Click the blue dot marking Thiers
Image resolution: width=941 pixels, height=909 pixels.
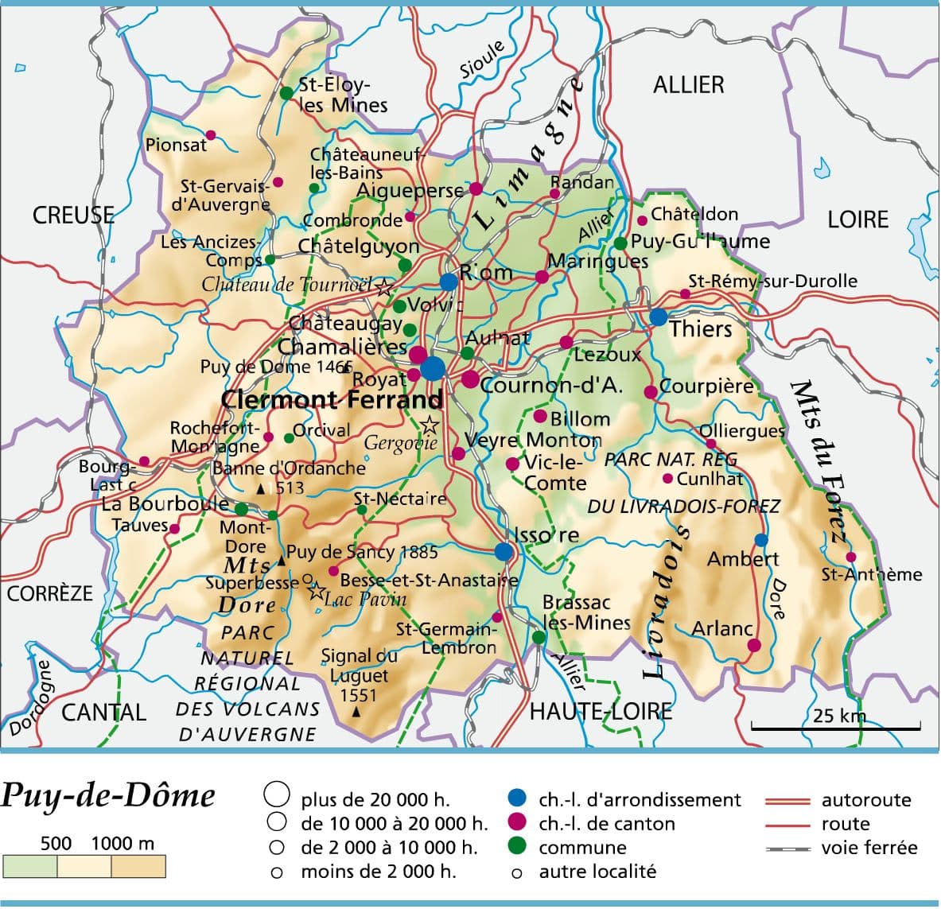click(658, 317)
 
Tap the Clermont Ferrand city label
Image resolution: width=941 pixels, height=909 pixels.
click(332, 398)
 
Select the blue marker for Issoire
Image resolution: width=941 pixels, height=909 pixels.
click(504, 551)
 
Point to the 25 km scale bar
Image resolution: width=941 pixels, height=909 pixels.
click(835, 726)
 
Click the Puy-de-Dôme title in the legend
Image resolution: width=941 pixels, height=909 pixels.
click(108, 795)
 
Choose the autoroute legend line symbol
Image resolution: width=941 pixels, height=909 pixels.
click(787, 801)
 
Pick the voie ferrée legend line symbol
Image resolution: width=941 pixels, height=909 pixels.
click(787, 849)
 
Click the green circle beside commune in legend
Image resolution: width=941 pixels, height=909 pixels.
click(517, 847)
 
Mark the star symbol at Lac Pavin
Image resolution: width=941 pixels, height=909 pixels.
click(316, 591)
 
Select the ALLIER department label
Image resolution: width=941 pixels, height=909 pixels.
click(688, 84)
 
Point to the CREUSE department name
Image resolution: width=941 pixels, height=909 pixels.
click(73, 215)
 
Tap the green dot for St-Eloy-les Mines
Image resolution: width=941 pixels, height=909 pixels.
click(286, 93)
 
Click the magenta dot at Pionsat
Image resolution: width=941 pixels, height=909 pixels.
click(211, 135)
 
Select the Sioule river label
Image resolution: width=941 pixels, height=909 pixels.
click(482, 60)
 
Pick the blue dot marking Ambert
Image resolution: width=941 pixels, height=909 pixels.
click(761, 539)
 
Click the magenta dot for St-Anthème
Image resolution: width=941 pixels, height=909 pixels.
click(851, 557)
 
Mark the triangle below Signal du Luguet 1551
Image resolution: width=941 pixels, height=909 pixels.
click(356, 711)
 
